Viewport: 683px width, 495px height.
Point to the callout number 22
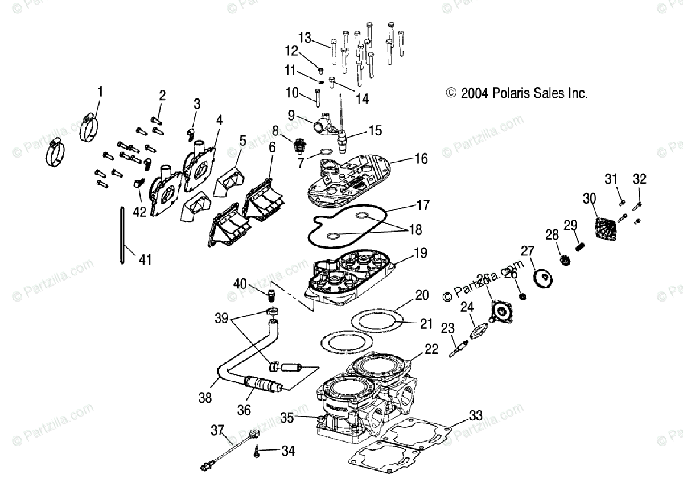[431, 349]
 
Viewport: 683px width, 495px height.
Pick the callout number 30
[589, 198]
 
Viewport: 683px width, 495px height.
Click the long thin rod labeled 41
[123, 236]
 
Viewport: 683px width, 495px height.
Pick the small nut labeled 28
[565, 261]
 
